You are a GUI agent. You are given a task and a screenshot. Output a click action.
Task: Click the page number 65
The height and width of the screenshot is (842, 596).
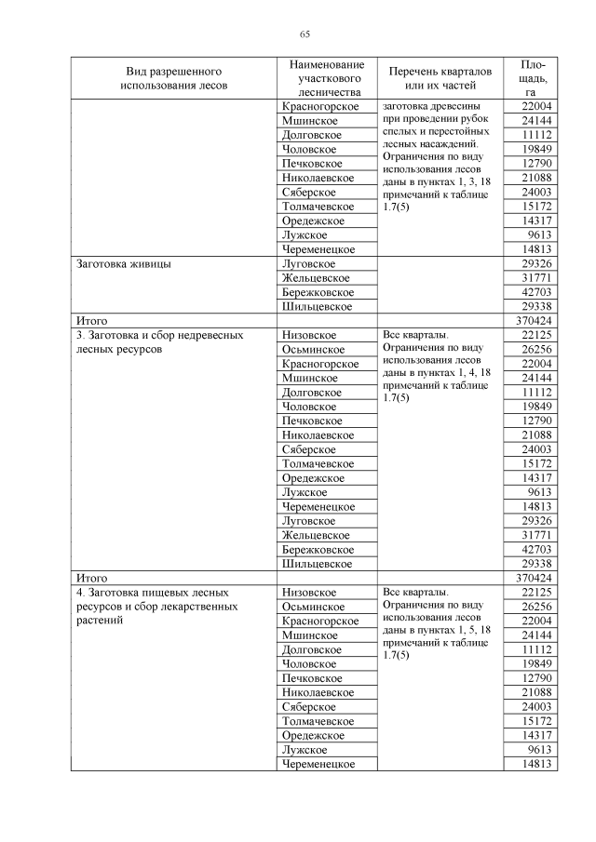pos(304,34)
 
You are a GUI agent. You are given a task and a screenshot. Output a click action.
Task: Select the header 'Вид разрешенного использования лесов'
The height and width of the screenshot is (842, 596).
pos(173,78)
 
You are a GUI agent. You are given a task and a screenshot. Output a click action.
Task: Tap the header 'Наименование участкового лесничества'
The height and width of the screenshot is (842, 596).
pos(326,78)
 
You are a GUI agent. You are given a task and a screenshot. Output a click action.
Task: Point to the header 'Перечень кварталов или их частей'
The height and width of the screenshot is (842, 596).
pos(432,78)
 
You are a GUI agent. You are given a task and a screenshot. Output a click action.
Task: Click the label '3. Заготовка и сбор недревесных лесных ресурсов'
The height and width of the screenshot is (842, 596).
pos(160,342)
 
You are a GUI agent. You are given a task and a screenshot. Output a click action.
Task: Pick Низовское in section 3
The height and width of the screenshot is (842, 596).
pos(309,335)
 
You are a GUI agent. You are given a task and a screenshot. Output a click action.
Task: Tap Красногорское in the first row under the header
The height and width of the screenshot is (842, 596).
pos(320,107)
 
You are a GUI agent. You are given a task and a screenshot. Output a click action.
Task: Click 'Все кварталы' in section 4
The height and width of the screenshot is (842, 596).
pos(415,593)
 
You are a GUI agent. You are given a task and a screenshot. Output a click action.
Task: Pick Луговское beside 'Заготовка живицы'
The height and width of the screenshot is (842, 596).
pos(308,264)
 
